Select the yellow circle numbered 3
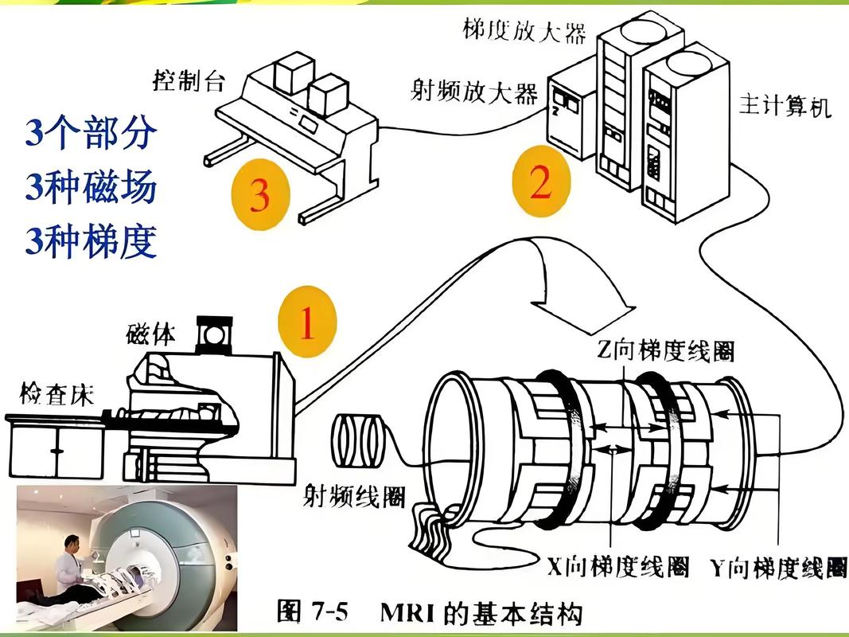(260, 194)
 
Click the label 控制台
(188, 81)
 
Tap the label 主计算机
(785, 106)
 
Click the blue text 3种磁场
(90, 189)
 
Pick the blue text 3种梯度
(90, 241)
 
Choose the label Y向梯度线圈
(777, 569)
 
